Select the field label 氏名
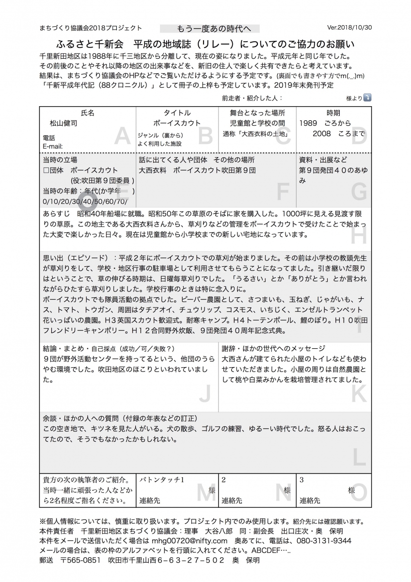[88, 113]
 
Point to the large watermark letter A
[122, 137]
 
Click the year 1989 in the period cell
[308, 123]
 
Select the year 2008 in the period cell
[322, 133]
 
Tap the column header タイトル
[177, 113]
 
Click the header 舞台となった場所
[257, 113]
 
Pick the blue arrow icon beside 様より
[367, 97]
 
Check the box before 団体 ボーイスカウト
[46, 170]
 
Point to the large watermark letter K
[359, 394]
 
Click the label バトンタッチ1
[162, 480]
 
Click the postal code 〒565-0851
[80, 560]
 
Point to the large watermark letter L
[359, 457]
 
